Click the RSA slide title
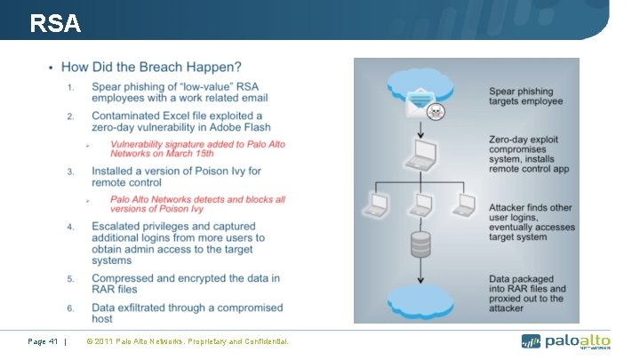coord(54,24)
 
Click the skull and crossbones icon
coord(436,113)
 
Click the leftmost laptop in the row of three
coord(377,205)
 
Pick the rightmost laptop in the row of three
coord(461,205)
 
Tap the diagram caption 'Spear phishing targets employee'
coord(525,96)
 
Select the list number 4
coord(70,228)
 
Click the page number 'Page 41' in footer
coord(42,340)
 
